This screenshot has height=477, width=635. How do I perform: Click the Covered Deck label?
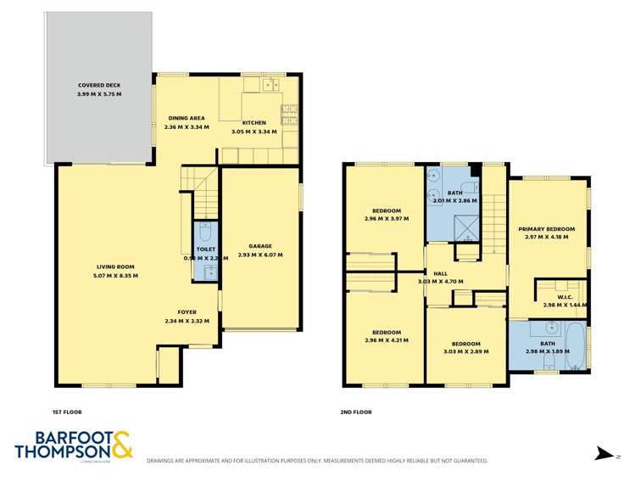[x=100, y=86]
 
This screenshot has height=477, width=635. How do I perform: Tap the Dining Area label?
[x=185, y=118]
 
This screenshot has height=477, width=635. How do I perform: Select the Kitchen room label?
[x=254, y=123]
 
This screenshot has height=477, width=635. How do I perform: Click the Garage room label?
[x=259, y=245]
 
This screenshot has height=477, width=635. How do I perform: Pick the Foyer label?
[x=187, y=311]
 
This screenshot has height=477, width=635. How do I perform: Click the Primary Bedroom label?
[x=547, y=229]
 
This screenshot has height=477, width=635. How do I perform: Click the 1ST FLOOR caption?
[x=67, y=412]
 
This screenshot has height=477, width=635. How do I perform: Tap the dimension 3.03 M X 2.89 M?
[x=465, y=351]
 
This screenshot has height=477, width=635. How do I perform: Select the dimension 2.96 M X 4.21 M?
[x=387, y=340]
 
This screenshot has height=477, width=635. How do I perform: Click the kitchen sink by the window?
[x=271, y=84]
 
